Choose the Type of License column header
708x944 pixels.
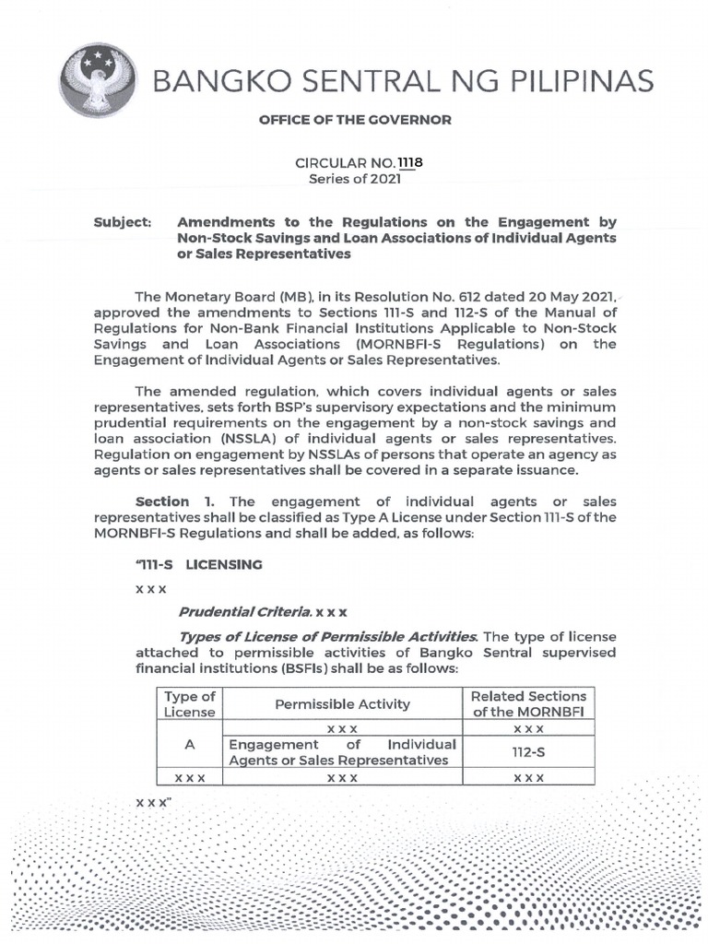pos(189,703)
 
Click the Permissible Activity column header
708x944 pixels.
pos(343,703)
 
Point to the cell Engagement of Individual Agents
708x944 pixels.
pos(343,752)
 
